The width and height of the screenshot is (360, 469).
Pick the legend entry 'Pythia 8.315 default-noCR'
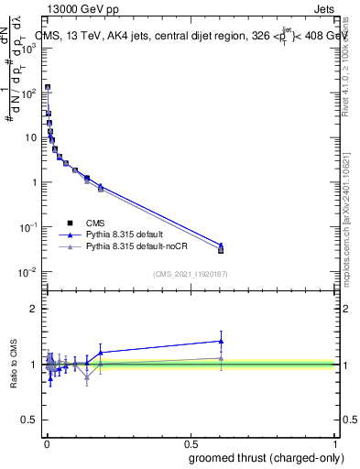(x=143, y=247)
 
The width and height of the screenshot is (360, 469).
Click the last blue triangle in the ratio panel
(x=221, y=341)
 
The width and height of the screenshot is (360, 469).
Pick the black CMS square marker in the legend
(x=70, y=223)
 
